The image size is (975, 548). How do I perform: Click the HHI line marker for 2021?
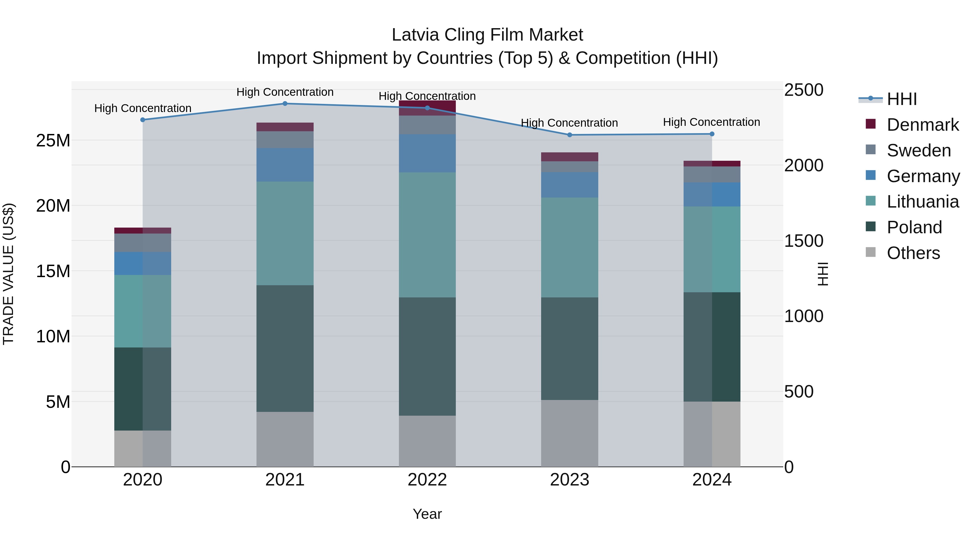285,104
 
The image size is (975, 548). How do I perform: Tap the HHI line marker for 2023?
570,135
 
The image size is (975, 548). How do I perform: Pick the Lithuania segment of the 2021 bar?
285,233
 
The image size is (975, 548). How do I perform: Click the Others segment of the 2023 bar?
570,433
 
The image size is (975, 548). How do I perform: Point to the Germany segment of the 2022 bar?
427,153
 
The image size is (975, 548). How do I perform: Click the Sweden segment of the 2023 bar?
570,167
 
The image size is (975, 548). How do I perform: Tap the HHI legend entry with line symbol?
901,99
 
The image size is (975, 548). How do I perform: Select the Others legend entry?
913,253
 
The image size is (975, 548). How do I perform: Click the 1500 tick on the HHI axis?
804,241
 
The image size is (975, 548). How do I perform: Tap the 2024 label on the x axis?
711,480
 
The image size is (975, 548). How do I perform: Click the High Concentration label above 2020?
143,108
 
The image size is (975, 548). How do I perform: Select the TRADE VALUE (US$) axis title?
8,274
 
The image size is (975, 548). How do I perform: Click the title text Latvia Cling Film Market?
487,35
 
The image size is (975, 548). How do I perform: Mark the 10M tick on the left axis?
53,336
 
